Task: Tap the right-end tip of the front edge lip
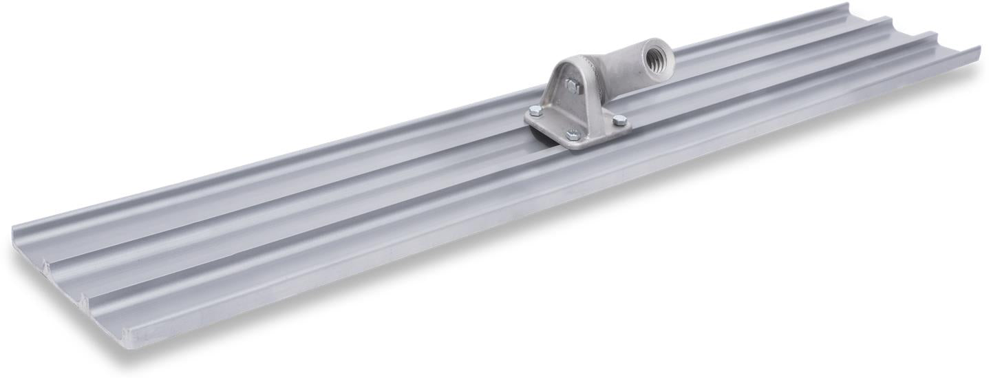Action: click(x=977, y=50)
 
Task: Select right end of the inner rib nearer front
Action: click(x=937, y=35)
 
